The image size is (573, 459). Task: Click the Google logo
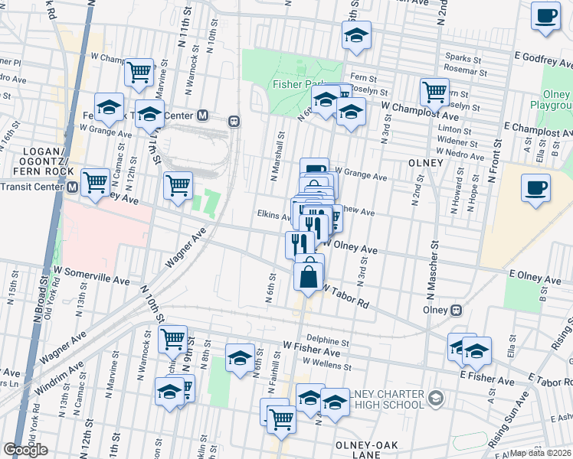pyautogui.click(x=25, y=450)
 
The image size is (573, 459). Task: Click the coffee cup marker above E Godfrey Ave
pyautogui.click(x=545, y=17)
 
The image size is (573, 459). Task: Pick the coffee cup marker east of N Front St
pyautogui.click(x=535, y=188)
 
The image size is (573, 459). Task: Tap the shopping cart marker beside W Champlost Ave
pyautogui.click(x=434, y=93)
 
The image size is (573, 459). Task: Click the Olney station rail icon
pyautogui.click(x=455, y=311)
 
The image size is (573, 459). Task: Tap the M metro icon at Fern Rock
pyautogui.click(x=203, y=116)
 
